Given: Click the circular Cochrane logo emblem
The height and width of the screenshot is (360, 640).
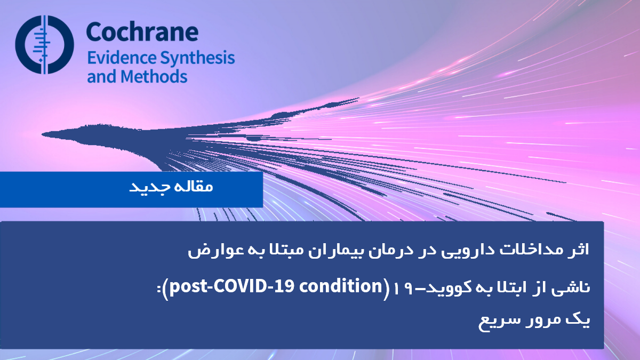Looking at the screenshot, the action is pos(45,45).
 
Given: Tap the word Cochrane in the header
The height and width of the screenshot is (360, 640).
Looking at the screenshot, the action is pos(142,31).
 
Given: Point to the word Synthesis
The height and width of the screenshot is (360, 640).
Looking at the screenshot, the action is pos(197,58).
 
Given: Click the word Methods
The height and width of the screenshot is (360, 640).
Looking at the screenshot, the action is pos(154,77).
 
